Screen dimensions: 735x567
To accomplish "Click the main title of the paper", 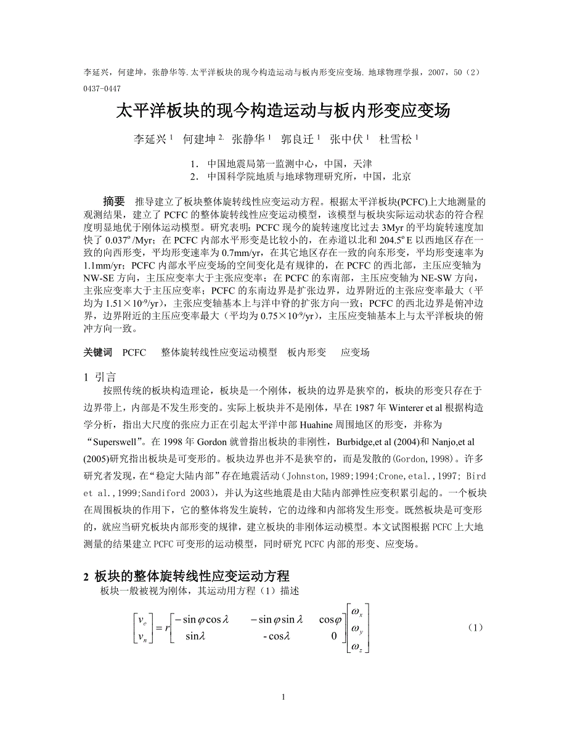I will (283, 111).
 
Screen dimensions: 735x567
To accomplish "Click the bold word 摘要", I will (115, 201).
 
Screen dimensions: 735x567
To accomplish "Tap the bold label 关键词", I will (98, 352).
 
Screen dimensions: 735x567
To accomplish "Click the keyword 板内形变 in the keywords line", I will (307, 352).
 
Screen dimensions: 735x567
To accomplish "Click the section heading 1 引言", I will (99, 376).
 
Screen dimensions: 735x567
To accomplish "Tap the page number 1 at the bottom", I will (283, 697).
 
